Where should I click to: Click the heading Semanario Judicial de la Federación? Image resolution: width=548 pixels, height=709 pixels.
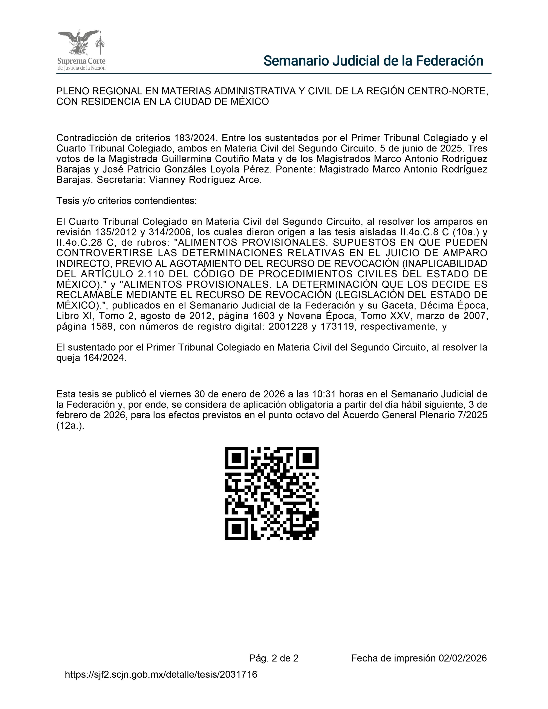pos(373,61)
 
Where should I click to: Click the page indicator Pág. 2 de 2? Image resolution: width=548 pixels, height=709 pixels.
pos(274,658)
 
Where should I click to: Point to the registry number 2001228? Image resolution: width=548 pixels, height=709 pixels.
pos(288,326)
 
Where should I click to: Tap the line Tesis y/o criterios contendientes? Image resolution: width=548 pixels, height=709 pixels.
pos(127,201)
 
